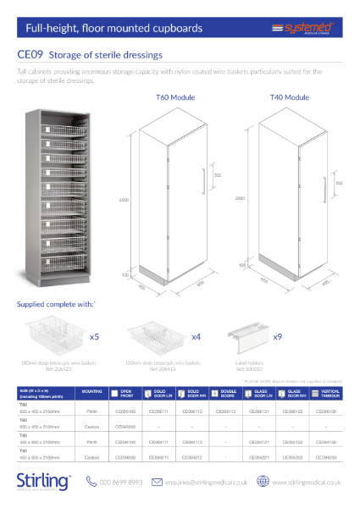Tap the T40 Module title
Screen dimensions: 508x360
[289, 98]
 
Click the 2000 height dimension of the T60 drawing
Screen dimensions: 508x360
[123, 200]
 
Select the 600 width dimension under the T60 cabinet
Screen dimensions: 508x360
[200, 284]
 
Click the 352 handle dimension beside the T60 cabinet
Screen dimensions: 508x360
[217, 175]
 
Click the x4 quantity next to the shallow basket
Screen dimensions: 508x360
[195, 336]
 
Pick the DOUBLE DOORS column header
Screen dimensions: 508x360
[229, 393]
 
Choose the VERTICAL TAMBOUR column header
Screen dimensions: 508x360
[329, 393]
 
